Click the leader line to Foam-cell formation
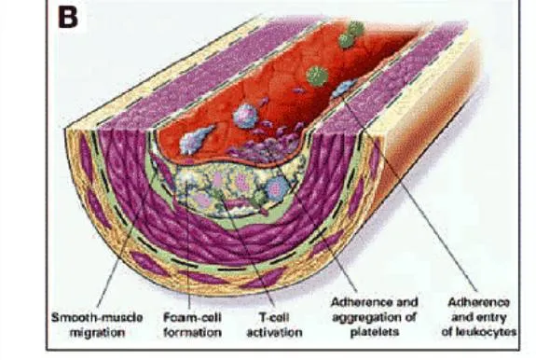click(190, 252)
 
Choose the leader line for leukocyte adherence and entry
click(410, 187)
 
